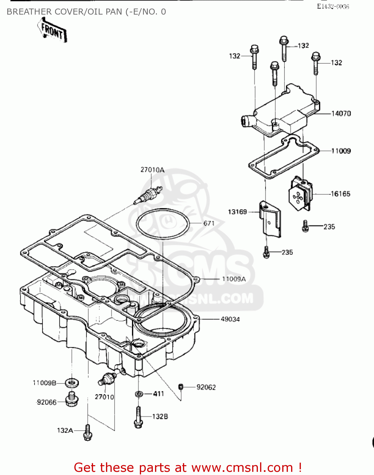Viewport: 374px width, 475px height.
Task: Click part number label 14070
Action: [341, 113]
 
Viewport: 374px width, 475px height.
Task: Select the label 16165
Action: [340, 194]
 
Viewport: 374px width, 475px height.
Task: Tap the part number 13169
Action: [237, 212]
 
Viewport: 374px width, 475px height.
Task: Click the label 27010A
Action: [152, 170]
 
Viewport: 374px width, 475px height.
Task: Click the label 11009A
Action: [234, 279]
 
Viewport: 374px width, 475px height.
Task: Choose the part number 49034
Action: [230, 319]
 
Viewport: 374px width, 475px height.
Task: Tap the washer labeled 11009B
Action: [72, 383]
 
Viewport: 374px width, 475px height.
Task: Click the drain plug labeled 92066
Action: [72, 400]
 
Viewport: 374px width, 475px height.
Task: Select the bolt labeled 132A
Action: [88, 433]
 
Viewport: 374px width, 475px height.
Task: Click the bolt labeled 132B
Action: [138, 417]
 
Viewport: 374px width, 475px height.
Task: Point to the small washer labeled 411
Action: [139, 394]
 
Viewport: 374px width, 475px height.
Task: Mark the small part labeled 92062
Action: [181, 387]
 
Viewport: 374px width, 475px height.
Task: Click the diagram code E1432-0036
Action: [333, 7]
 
